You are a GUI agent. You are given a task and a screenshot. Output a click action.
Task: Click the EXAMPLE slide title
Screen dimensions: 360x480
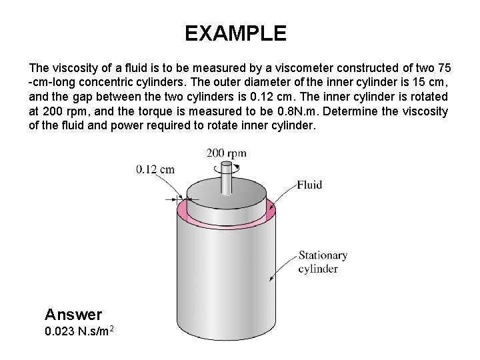pos(235,33)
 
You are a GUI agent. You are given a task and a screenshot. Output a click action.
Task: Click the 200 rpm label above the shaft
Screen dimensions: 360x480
pos(226,153)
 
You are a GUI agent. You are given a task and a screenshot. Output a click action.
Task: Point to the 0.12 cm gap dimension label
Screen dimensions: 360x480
pos(155,169)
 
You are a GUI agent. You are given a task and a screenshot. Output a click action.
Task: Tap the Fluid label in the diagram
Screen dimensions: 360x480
pos(309,185)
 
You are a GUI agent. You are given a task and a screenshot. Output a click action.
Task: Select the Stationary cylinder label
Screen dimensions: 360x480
pos(323,262)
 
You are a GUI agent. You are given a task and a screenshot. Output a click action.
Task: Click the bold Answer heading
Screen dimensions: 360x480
pos(73,313)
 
